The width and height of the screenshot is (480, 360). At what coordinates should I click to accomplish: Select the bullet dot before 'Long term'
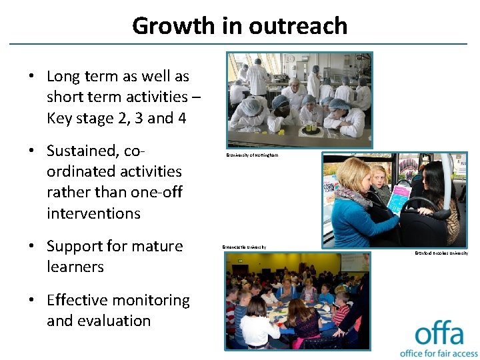tap(31, 76)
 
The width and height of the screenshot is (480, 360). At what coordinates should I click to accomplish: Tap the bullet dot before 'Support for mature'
tap(31, 246)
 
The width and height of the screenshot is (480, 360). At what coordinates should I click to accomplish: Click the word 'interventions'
tap(93, 213)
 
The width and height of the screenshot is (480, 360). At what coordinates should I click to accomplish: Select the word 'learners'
tap(75, 267)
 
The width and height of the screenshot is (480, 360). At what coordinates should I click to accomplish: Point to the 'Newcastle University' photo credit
tap(244, 247)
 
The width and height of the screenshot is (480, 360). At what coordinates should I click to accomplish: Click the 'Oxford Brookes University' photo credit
tap(441, 253)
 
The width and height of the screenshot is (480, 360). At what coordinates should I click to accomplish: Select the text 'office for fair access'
tap(439, 353)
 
